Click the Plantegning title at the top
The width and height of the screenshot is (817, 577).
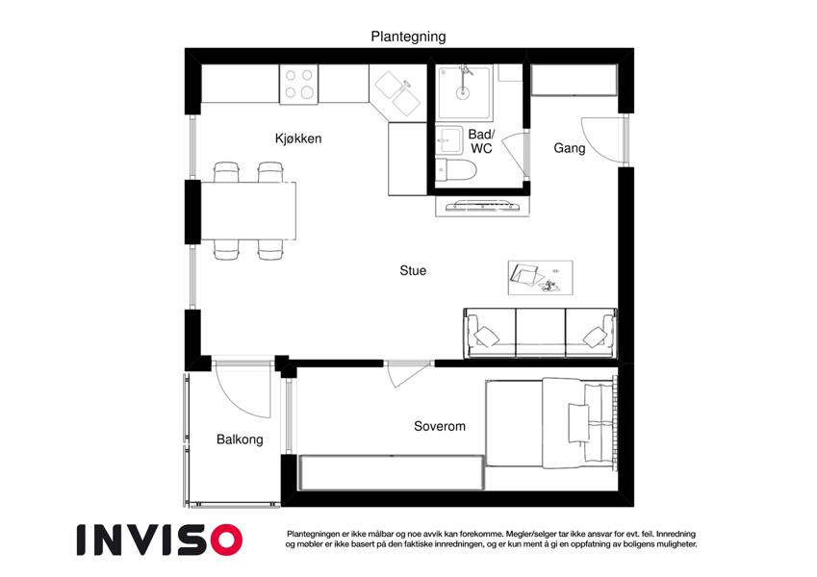pyautogui.click(x=408, y=37)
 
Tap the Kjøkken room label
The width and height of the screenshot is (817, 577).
pyautogui.click(x=298, y=138)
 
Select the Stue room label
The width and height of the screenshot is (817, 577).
pyautogui.click(x=413, y=270)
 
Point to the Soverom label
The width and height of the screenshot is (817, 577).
pyautogui.click(x=439, y=426)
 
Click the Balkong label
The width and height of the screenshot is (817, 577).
pyautogui.click(x=240, y=439)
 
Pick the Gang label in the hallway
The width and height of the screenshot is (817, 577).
pyautogui.click(x=569, y=148)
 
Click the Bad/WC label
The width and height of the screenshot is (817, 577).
pyautogui.click(x=481, y=141)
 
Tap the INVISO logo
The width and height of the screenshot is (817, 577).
pyautogui.click(x=160, y=539)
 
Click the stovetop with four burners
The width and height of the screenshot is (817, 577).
pyautogui.click(x=298, y=85)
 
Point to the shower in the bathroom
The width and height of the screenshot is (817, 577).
pyautogui.click(x=464, y=92)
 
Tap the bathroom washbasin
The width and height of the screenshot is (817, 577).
pyautogui.click(x=449, y=139)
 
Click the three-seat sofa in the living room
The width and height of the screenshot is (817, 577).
pyautogui.click(x=540, y=334)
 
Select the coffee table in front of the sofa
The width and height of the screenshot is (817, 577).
pyautogui.click(x=540, y=278)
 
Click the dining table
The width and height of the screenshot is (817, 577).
pyautogui.click(x=248, y=211)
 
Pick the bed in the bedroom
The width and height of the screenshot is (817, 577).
pyautogui.click(x=551, y=423)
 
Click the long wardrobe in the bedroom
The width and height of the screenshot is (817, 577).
pyautogui.click(x=392, y=472)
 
